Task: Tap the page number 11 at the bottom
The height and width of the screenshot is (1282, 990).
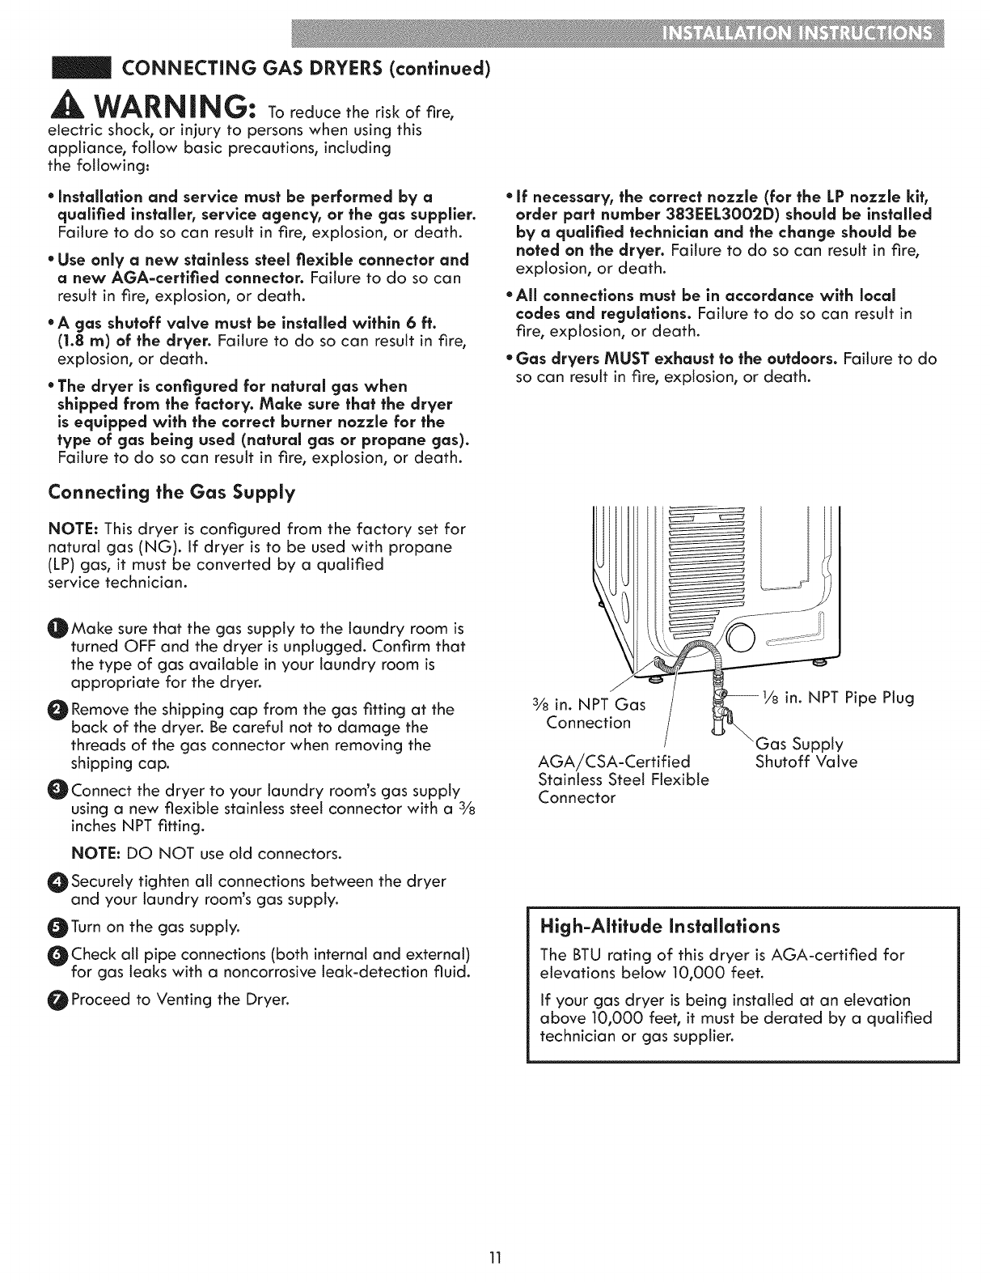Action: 495,1256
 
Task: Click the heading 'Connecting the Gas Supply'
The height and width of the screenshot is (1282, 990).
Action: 172,492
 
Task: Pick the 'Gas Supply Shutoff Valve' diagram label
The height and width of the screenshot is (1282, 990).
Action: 806,753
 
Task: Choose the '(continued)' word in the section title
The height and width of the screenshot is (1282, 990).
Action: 446,67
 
